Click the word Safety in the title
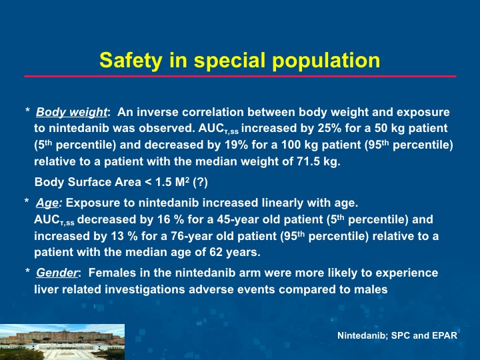131,61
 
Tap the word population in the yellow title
326,61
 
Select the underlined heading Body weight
71,113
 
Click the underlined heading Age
47,203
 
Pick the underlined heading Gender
57,273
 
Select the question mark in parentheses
201,182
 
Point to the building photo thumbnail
62,342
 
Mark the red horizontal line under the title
240,76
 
